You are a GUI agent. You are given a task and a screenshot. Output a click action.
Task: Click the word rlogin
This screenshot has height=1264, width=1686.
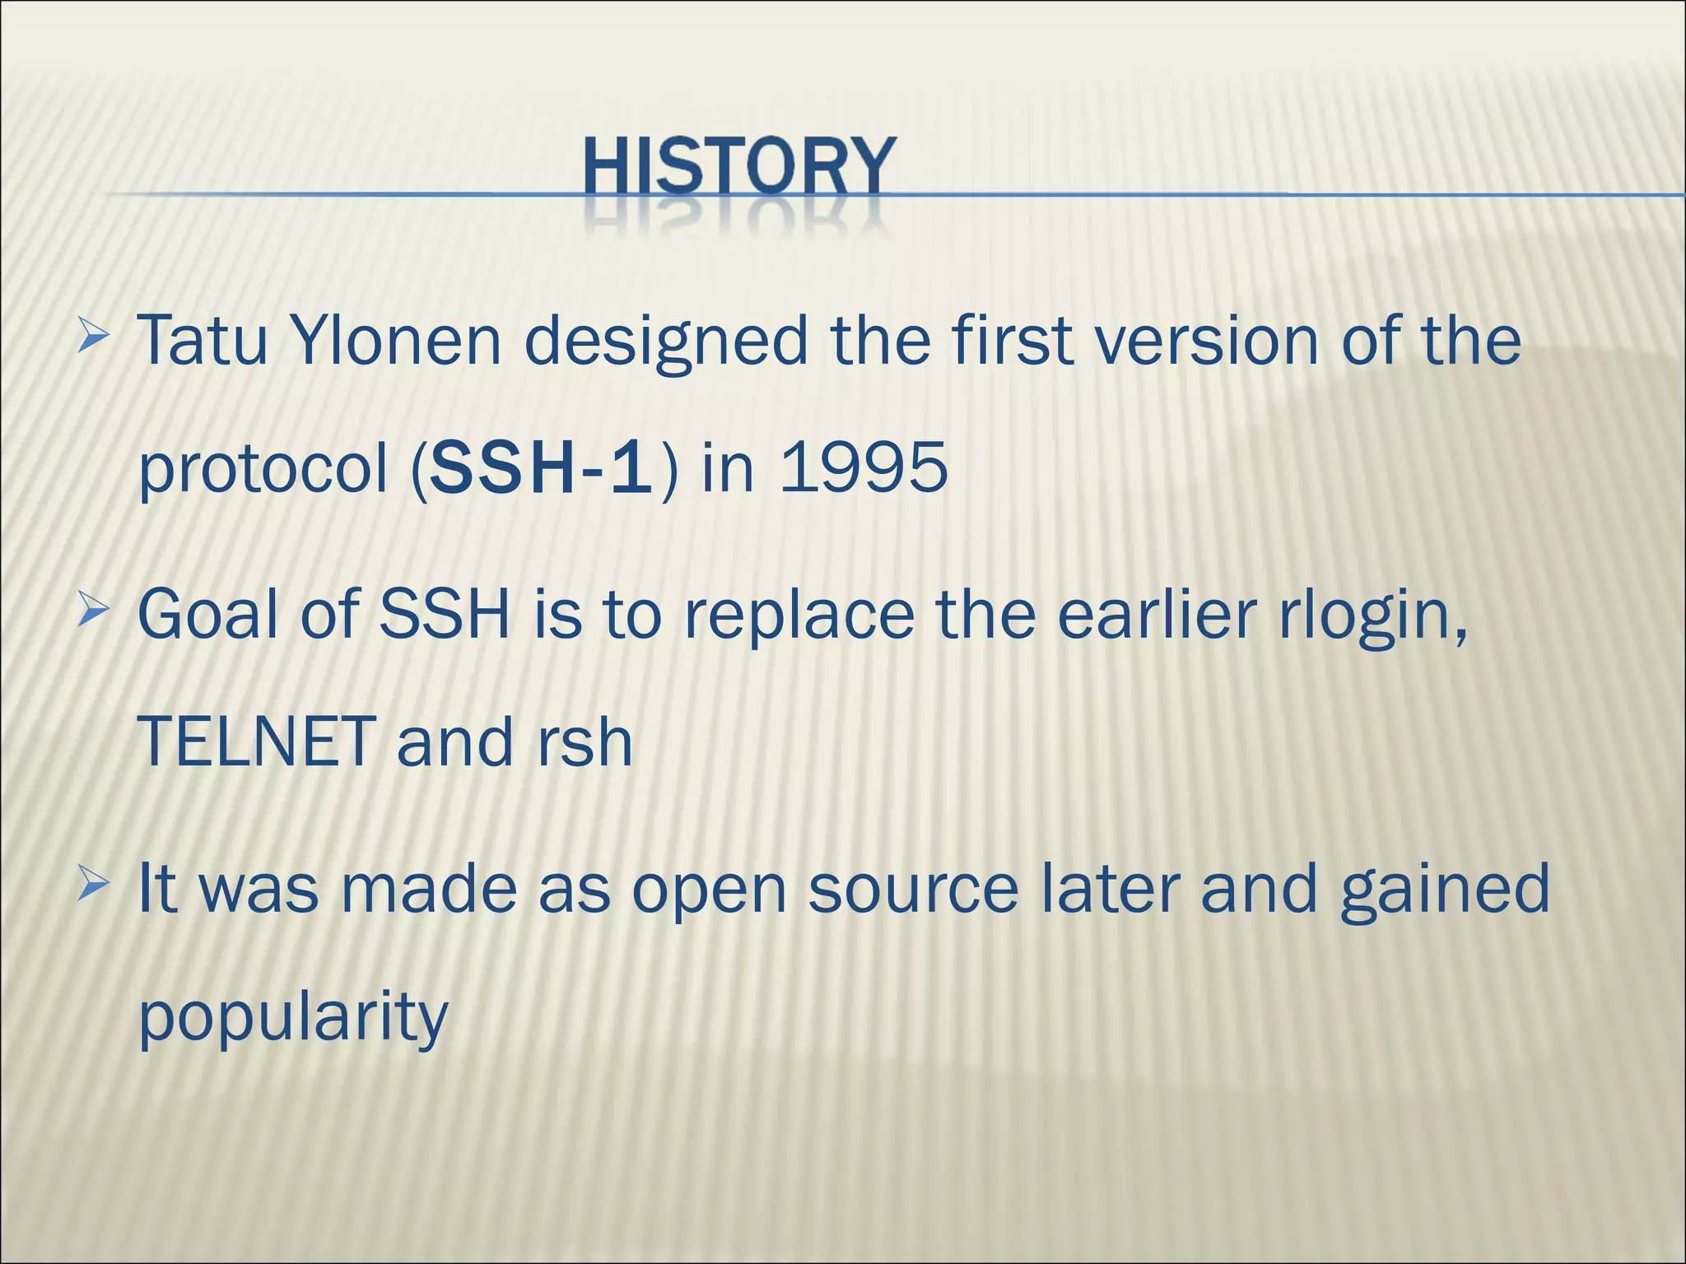(1372, 616)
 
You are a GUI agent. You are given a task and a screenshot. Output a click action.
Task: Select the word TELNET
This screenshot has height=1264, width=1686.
(256, 741)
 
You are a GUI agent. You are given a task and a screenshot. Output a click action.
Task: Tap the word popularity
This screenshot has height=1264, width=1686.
(293, 1017)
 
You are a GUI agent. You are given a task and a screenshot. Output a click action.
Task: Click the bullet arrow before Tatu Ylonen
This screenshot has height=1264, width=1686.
(93, 337)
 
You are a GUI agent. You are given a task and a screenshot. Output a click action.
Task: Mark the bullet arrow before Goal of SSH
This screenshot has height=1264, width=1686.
(93, 613)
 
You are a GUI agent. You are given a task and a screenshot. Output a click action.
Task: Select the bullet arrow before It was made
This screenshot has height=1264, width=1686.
(93, 886)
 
